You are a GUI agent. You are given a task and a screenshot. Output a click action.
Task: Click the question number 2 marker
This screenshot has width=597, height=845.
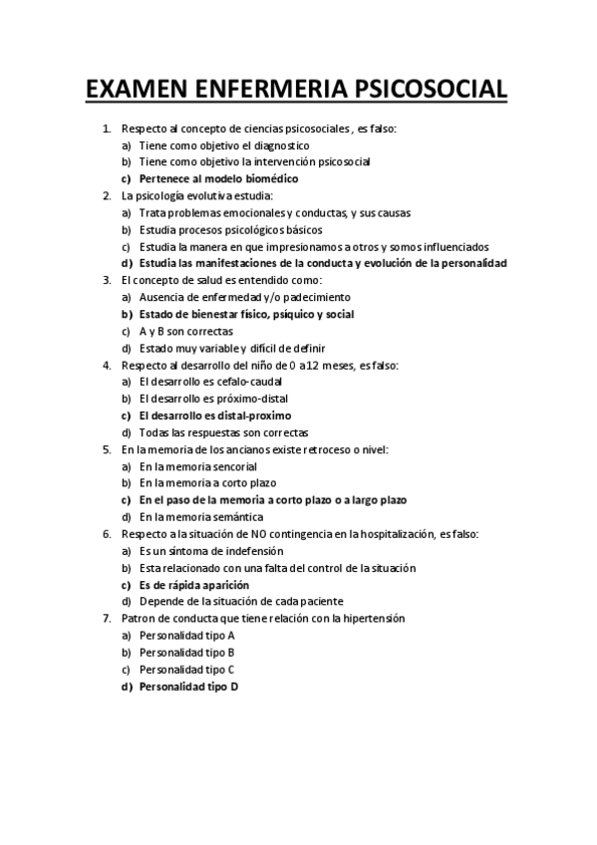coord(107,195)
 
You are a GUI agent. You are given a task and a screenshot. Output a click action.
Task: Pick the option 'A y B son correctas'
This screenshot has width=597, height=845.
coord(186,331)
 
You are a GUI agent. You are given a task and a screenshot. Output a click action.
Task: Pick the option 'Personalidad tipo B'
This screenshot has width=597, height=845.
coord(187,653)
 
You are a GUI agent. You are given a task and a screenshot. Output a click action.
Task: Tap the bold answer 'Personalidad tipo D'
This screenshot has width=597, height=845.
coord(189,687)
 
